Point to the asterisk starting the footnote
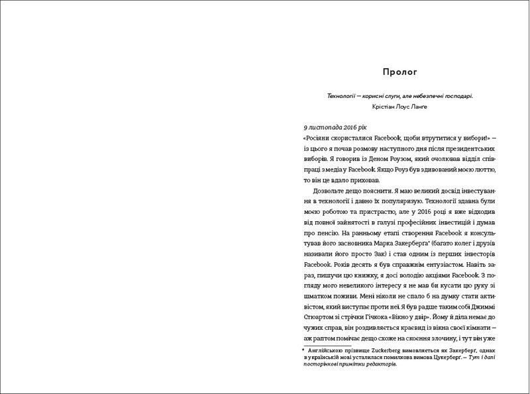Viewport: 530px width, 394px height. click(x=302, y=348)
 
